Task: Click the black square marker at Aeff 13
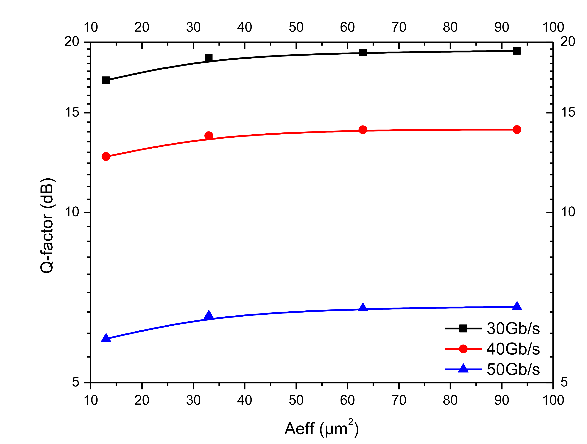106,80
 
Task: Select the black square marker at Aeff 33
209,58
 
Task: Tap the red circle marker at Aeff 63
363,130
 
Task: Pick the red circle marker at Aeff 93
517,129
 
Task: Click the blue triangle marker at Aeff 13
106,338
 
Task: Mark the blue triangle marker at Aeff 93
517,306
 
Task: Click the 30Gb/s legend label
513,329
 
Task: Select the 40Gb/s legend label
513,349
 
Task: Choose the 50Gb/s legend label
513,369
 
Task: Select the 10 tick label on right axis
568,212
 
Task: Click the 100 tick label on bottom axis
553,400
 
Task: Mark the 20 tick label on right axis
568,42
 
